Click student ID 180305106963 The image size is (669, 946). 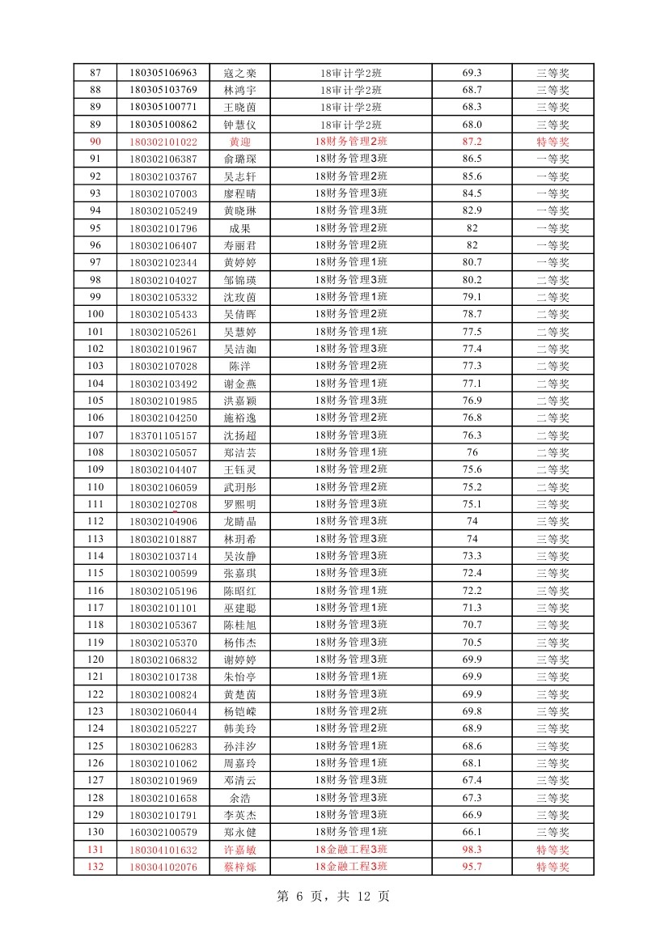(163, 73)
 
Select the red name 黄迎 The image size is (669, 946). (239, 142)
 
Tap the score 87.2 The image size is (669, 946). (472, 142)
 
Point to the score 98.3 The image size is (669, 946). (472, 850)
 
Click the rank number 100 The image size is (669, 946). (95, 314)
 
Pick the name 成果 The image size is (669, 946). (239, 228)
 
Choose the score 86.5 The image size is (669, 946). (472, 159)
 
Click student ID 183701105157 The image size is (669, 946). (163, 435)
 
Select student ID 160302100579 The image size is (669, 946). (163, 832)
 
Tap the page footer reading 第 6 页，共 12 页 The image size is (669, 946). (333, 897)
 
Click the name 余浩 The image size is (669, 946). (239, 798)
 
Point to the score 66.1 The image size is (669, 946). (472, 832)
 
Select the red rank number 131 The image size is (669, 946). (95, 850)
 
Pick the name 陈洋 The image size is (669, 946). (239, 366)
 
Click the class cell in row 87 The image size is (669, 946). (350, 73)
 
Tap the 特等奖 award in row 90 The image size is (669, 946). (553, 142)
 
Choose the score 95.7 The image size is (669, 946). (472, 867)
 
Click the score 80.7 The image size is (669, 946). (472, 262)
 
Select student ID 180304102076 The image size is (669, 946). (163, 867)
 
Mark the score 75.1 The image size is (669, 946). (472, 504)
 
